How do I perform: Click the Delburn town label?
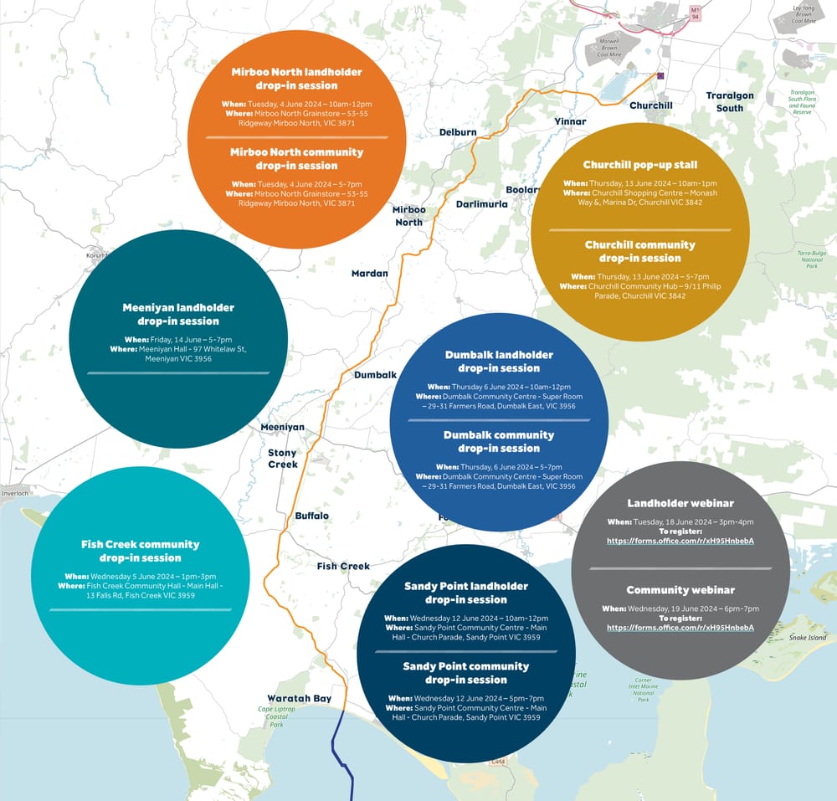coord(458,132)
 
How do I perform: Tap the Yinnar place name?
coord(570,121)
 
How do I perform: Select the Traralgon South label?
coord(730,101)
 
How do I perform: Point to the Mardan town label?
coord(369,274)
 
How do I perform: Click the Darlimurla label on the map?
coord(481,204)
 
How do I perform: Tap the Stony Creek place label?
coord(283,459)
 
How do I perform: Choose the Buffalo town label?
coord(311,516)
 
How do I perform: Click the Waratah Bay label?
coord(299,698)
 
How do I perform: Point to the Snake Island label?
coord(808,638)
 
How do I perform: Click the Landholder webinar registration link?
coord(680,541)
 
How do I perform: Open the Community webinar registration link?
coord(680,628)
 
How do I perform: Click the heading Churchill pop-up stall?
coord(640,165)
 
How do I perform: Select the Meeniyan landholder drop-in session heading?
coord(178,314)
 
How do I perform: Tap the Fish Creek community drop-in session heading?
coord(141,551)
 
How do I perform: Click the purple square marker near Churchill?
coord(660,75)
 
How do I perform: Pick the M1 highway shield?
coord(694,12)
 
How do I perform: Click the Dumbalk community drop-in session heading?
coord(499,441)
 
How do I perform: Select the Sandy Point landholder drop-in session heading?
coord(465,593)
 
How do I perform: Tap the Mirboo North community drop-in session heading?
coord(297,159)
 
